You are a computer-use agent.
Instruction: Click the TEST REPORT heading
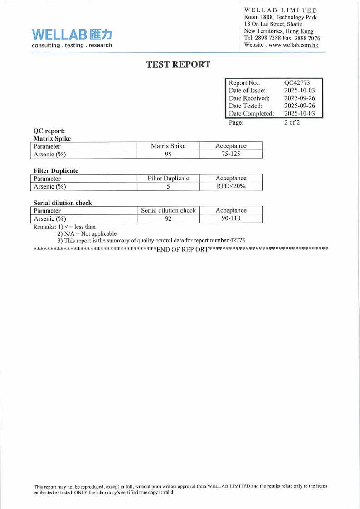click(x=178, y=64)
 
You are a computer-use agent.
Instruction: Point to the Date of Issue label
click(x=248, y=90)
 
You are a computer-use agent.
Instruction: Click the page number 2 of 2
click(x=291, y=122)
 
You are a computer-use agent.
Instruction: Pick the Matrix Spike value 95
click(x=167, y=154)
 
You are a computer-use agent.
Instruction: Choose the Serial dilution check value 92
click(x=167, y=219)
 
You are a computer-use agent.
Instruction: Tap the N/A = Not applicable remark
click(x=87, y=233)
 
